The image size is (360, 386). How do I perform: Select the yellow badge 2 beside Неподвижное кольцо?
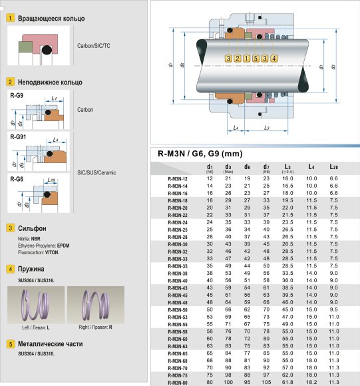[x=10, y=82]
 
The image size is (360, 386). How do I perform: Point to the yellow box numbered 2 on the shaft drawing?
[x=238, y=59]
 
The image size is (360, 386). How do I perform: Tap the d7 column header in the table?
[x=266, y=168]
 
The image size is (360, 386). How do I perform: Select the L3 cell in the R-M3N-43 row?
[x=288, y=286]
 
